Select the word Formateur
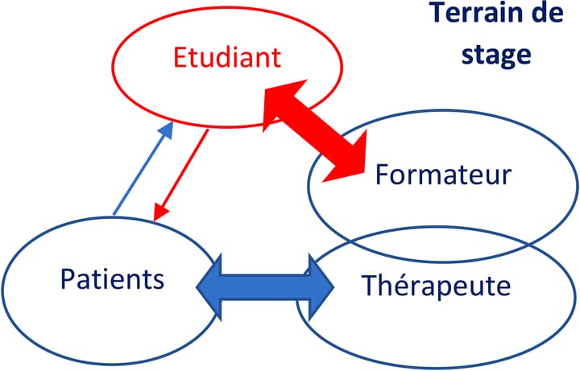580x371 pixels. (x=442, y=175)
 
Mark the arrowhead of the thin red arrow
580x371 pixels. (x=159, y=211)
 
